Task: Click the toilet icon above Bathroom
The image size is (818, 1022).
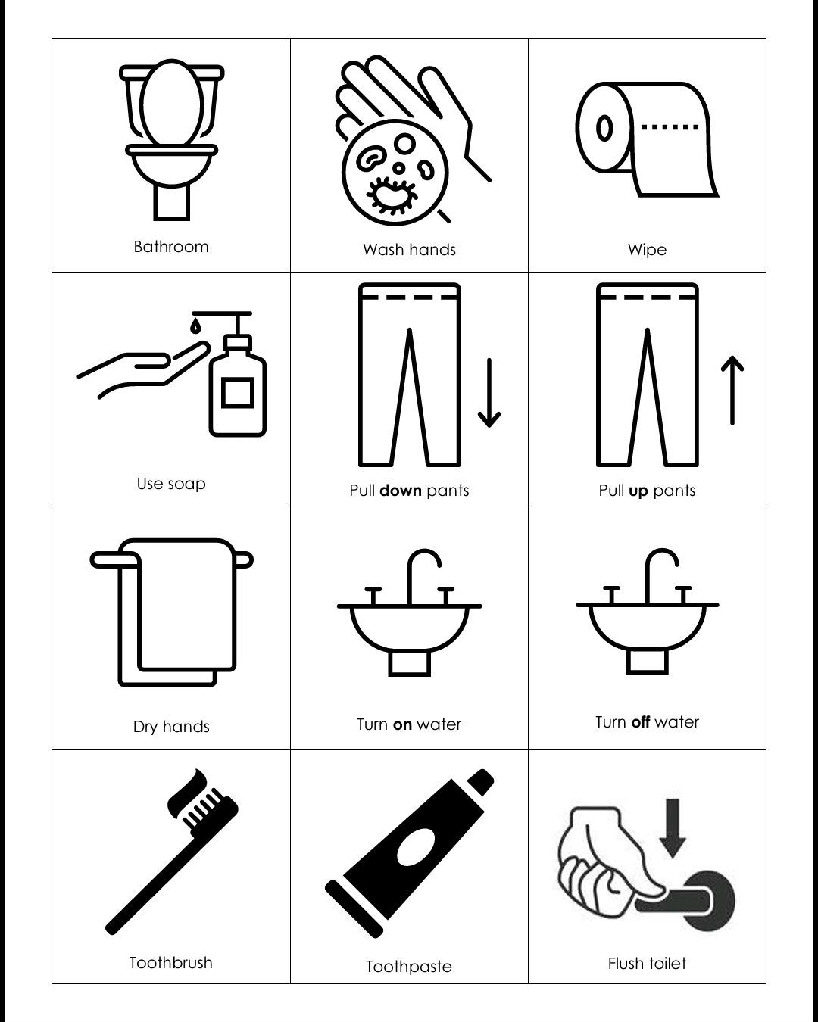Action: click(x=171, y=140)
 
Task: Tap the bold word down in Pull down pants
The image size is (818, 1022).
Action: click(x=400, y=491)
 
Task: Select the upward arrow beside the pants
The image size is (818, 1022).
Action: click(x=732, y=390)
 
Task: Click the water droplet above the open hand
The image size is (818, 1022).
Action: click(x=195, y=326)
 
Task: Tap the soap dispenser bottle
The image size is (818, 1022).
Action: click(x=238, y=386)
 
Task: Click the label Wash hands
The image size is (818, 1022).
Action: click(x=409, y=250)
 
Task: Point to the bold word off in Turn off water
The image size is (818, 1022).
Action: click(x=640, y=722)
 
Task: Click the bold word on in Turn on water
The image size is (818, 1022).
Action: click(x=402, y=724)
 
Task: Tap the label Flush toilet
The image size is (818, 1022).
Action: click(x=647, y=964)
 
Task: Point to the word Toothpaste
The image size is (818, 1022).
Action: click(x=409, y=967)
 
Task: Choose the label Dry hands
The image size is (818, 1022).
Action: click(x=171, y=727)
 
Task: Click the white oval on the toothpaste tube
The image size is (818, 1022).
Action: click(x=415, y=847)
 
